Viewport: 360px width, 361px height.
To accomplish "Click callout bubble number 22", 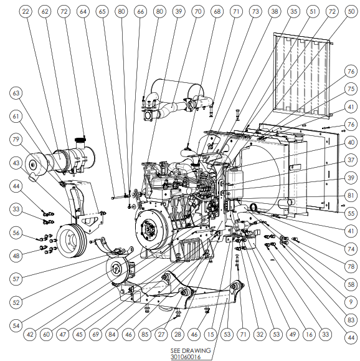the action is (26, 11).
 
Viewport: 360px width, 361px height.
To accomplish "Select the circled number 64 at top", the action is (83, 11).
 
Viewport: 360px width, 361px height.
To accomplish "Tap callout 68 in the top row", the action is (217, 11).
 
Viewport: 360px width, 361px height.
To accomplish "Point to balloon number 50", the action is (351, 11).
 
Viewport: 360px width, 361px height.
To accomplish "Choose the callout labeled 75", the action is (351, 89).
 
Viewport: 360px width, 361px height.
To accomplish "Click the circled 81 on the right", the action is (351, 196).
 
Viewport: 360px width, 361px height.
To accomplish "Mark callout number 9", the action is (351, 302).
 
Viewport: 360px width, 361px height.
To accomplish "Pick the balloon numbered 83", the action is (351, 320).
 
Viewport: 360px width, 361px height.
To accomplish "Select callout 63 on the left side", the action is (16, 94).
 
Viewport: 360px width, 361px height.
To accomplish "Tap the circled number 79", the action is (16, 140).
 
